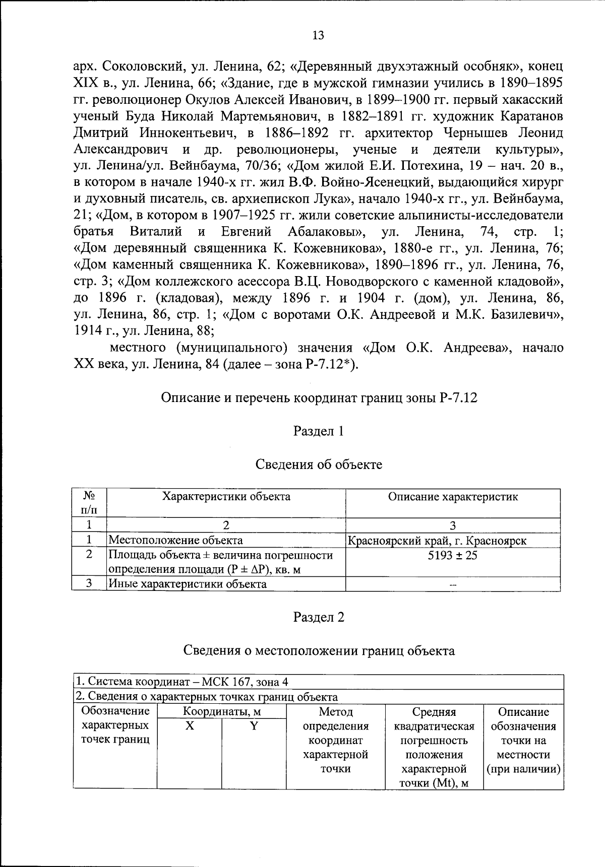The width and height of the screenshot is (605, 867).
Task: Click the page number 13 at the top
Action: [318, 35]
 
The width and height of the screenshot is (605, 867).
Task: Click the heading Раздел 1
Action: [318, 431]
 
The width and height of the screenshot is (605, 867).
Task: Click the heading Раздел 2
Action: [318, 617]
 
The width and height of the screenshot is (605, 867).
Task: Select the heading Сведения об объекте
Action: [318, 464]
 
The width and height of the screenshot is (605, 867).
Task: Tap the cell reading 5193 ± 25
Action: [452, 555]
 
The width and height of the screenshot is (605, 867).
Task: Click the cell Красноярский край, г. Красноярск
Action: [437, 541]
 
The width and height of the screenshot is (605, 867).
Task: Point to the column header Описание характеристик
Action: [452, 497]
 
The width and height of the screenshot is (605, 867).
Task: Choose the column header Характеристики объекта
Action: [226, 497]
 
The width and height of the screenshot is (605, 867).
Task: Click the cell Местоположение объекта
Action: [175, 541]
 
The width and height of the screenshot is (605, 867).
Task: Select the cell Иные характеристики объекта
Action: [188, 584]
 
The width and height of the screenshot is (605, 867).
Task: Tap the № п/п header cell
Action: [89, 503]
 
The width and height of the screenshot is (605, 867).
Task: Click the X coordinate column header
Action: [189, 726]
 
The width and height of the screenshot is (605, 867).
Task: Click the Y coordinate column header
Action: [254, 726]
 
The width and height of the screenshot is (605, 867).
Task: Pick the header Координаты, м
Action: [221, 712]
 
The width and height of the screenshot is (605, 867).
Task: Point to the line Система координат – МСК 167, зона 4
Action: [182, 682]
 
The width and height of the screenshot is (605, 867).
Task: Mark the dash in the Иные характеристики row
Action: [452, 585]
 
